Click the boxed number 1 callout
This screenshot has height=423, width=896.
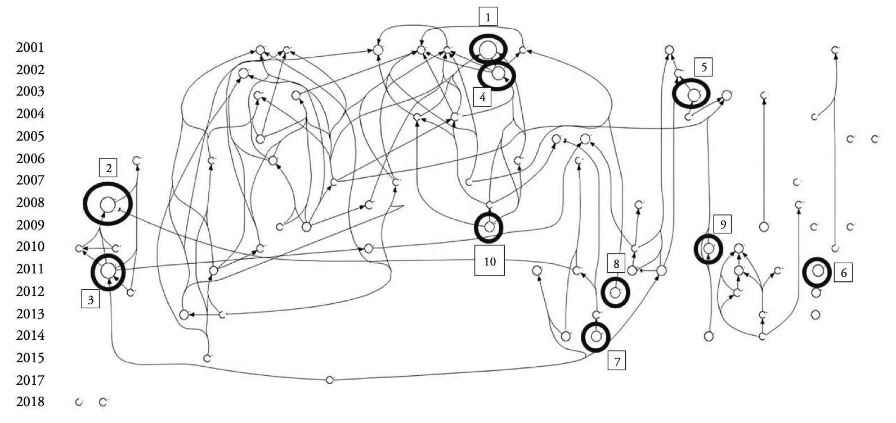pos(488,17)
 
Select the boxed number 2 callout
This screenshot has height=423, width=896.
pos(109,168)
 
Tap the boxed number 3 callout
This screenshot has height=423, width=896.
pos(90,300)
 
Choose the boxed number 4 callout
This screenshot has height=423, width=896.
pos(482,97)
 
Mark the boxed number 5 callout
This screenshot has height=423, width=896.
pos(704,67)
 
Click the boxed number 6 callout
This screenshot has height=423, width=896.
pos(843,273)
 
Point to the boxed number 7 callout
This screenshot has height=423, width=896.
pos(617,361)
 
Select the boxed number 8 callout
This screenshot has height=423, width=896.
pos(616,263)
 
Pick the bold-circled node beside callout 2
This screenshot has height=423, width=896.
pos(107,204)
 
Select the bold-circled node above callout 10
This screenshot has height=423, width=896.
pos(489,227)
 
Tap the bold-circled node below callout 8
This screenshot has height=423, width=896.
pos(615,292)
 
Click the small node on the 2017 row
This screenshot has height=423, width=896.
pos(330,380)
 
